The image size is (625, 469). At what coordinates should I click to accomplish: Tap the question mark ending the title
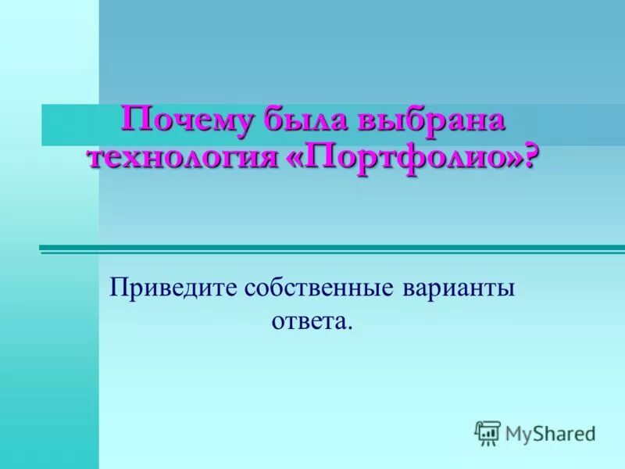pyautogui.click(x=532, y=159)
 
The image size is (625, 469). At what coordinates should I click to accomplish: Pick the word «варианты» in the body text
pyautogui.click(x=459, y=289)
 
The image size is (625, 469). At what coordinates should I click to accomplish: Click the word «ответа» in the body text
pyautogui.click(x=308, y=320)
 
